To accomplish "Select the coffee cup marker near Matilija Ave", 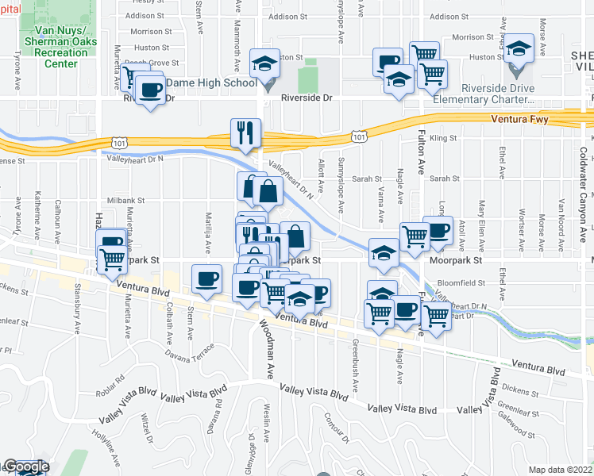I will tap(207, 279).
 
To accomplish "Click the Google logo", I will tap(25, 467).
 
